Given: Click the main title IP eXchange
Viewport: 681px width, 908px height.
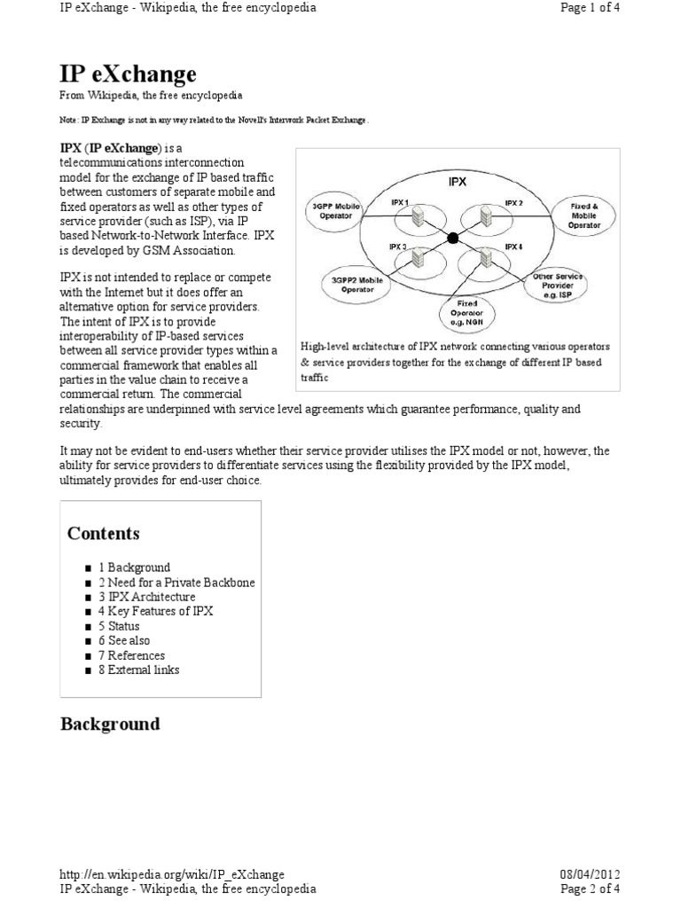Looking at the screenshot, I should point(129,73).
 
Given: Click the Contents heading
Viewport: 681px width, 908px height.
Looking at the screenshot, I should point(104,533).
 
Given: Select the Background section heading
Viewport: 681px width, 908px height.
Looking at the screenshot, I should point(110,724).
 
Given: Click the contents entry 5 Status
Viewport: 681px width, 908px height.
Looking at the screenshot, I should point(119,626).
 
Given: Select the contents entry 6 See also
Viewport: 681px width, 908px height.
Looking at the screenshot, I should point(124,640).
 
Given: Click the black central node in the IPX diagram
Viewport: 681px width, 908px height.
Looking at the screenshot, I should point(454,238).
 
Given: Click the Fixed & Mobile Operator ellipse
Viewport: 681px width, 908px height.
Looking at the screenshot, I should point(583,215).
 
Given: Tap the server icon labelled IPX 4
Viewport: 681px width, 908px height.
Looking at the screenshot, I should point(487,258).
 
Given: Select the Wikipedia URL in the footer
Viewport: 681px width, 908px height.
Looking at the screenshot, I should point(172,873).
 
